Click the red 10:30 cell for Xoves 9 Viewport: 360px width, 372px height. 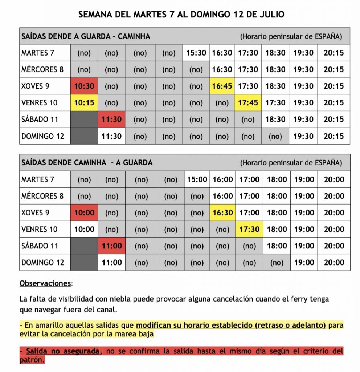(84, 86)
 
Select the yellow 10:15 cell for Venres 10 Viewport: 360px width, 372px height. (84, 103)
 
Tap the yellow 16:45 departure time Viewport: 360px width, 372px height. (222, 86)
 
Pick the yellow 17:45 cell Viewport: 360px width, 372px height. (248, 103)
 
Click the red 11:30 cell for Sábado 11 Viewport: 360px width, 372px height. (111, 120)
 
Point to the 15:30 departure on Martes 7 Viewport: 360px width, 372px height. (196, 53)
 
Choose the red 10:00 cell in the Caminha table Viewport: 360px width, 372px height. (84, 213)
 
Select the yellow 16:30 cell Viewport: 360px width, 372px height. (222, 213)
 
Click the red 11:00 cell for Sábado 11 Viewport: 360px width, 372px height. (112, 246)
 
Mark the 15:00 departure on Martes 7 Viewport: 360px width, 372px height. (197, 179)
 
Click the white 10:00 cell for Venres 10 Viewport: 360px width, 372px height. (84, 229)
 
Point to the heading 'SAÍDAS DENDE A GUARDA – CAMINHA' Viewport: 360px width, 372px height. (86, 36)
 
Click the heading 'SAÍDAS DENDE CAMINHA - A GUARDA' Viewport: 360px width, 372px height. (87, 163)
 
